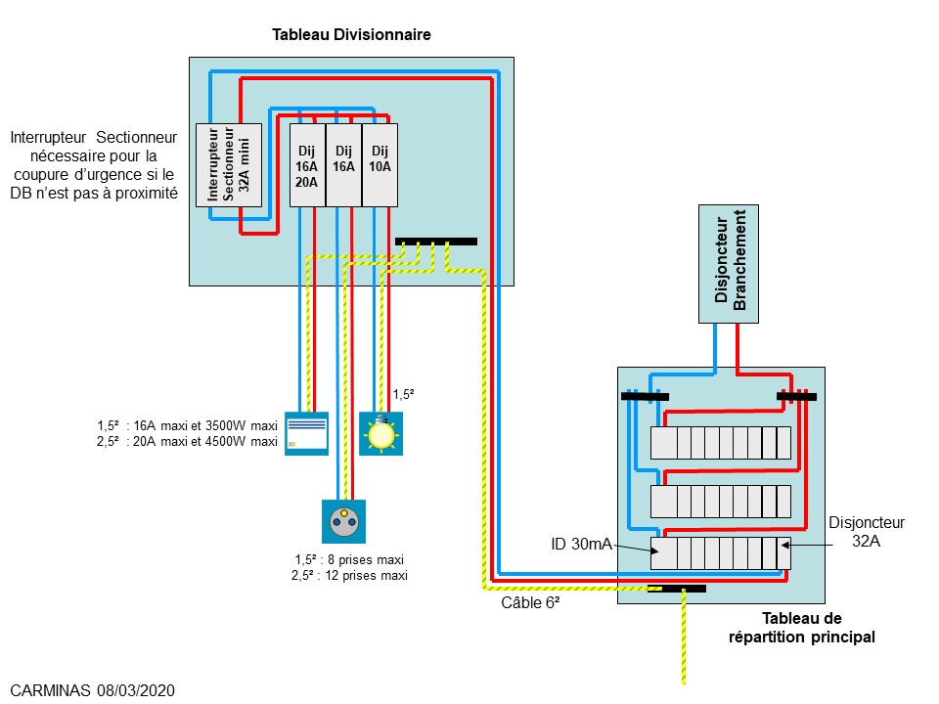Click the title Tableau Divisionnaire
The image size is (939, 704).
[351, 35]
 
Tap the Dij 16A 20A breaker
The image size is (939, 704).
[307, 164]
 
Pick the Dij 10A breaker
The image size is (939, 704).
[380, 164]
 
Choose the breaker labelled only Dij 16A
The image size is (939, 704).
[343, 164]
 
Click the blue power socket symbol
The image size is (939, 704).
[343, 522]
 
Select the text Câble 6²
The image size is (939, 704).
[529, 603]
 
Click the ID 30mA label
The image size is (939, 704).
[581, 543]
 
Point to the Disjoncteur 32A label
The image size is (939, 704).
[866, 531]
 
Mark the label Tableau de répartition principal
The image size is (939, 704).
[801, 628]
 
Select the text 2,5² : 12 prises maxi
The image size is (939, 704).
[349, 576]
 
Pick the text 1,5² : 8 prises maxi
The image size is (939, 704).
[349, 559]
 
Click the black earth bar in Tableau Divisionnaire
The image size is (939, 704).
[436, 242]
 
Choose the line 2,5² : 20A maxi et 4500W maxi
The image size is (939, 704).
[187, 442]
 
